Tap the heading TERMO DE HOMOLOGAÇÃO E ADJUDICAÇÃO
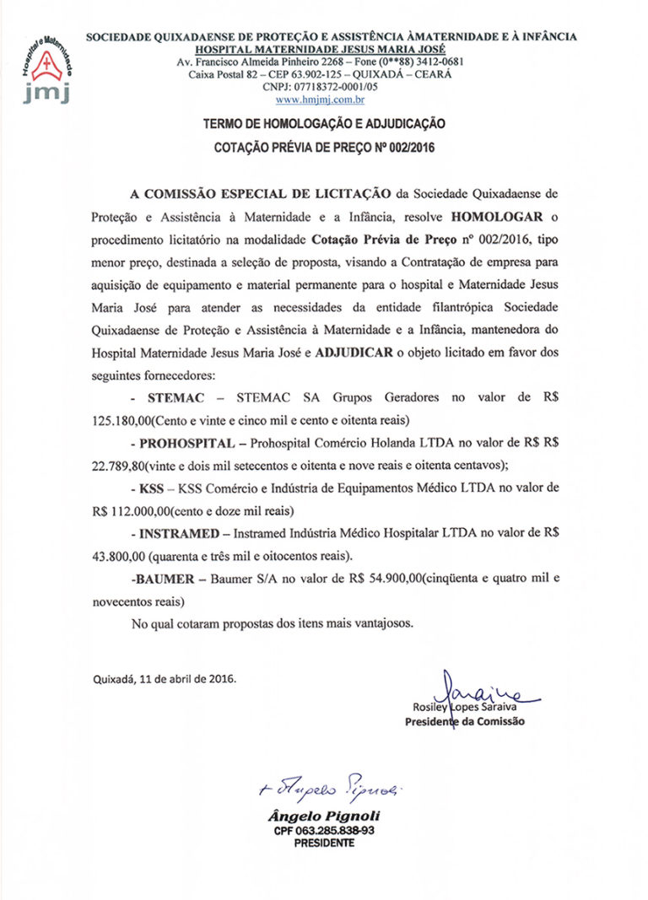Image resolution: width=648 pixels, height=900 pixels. pyautogui.click(x=324, y=123)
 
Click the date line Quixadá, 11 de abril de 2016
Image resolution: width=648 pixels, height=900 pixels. pyautogui.click(x=164, y=677)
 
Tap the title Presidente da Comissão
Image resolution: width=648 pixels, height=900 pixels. pyautogui.click(x=464, y=722)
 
